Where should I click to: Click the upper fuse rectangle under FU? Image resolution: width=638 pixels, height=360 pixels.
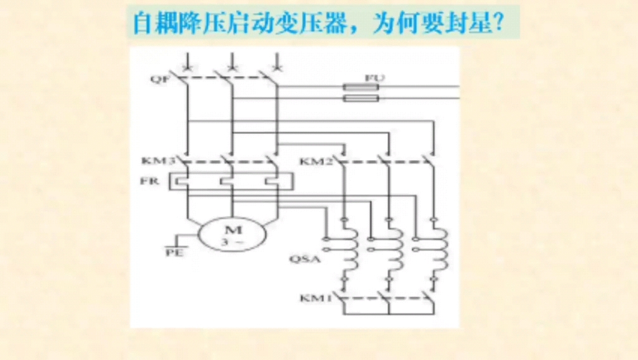pyautogui.click(x=361, y=88)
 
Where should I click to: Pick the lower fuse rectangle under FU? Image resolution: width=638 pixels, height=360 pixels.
pyautogui.click(x=361, y=98)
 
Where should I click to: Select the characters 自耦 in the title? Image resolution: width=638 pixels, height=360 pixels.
pyautogui.click(x=152, y=24)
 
